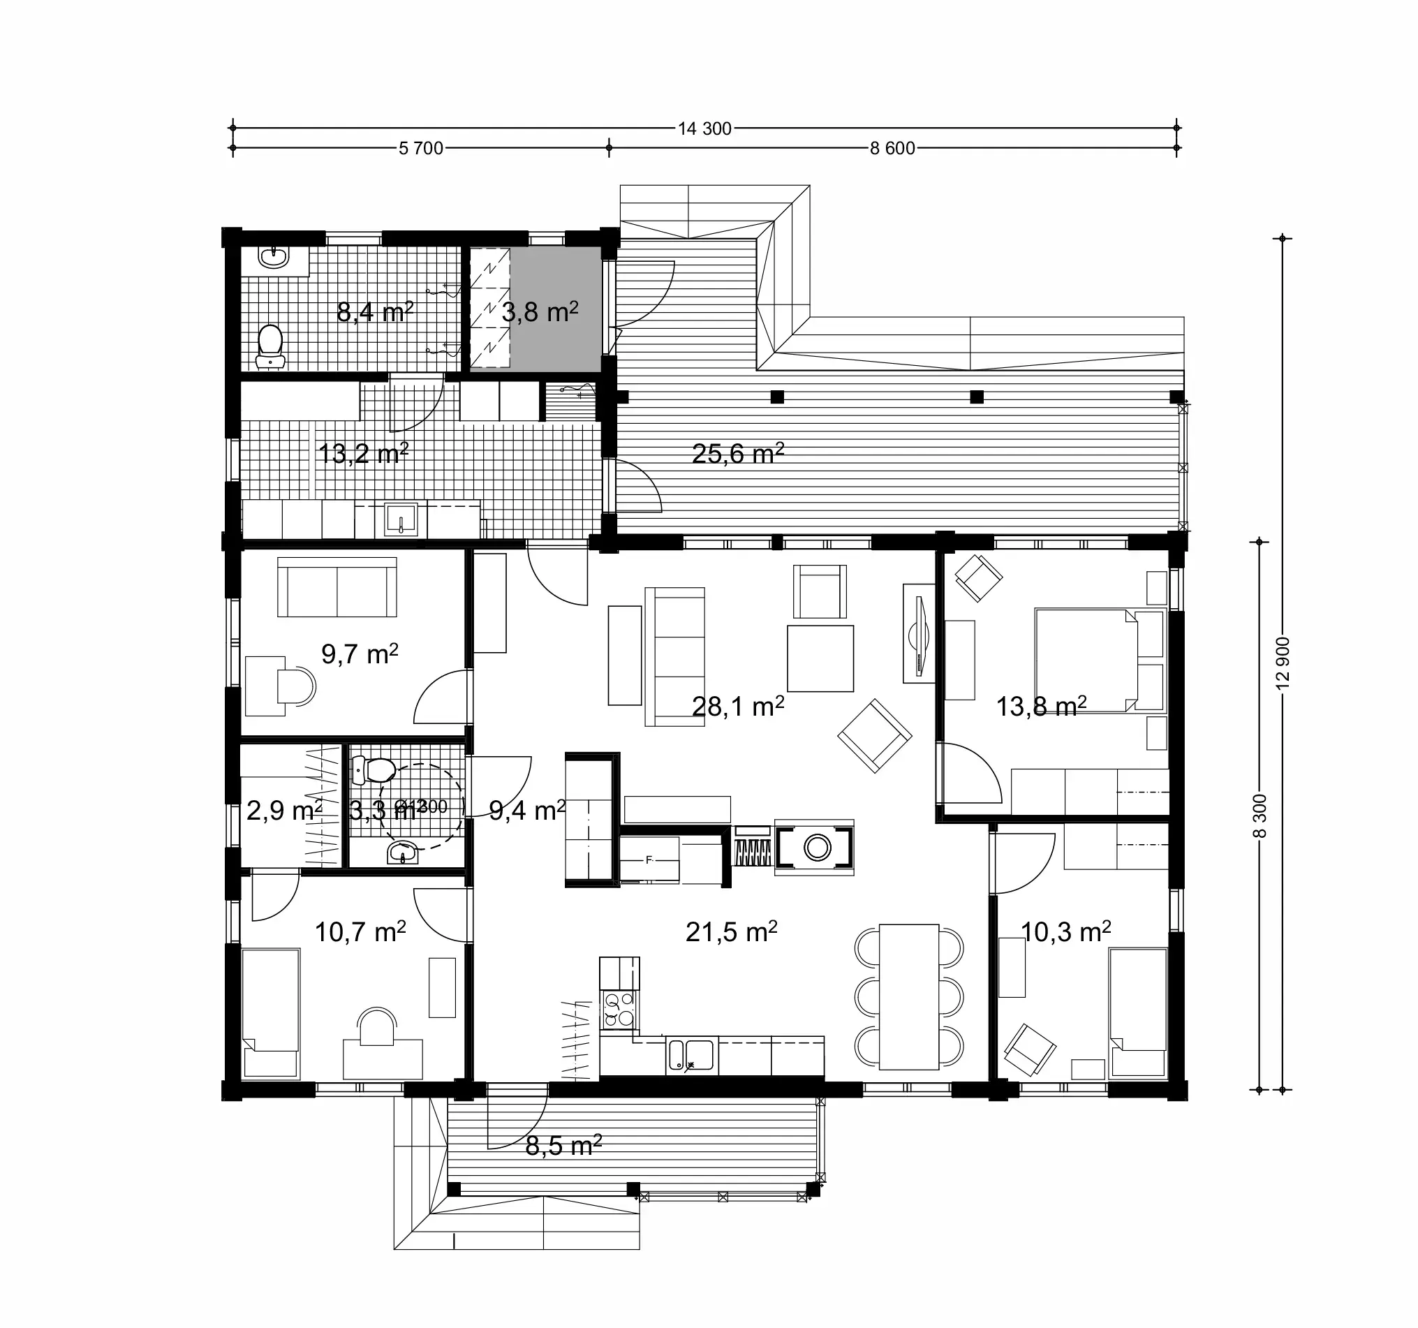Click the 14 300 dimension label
[x=704, y=128]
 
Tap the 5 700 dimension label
[x=421, y=148]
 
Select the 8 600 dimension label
[x=892, y=148]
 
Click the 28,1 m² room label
[x=737, y=706]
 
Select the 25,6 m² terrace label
[x=737, y=454]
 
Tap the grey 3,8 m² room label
[x=539, y=311]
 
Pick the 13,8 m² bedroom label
[x=1041, y=706]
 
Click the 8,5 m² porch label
[x=563, y=1146]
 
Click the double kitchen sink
[x=690, y=1055]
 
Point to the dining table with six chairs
[x=909, y=996]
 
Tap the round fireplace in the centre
[x=817, y=848]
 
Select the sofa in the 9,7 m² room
[x=337, y=587]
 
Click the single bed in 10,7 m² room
[x=270, y=1012]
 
